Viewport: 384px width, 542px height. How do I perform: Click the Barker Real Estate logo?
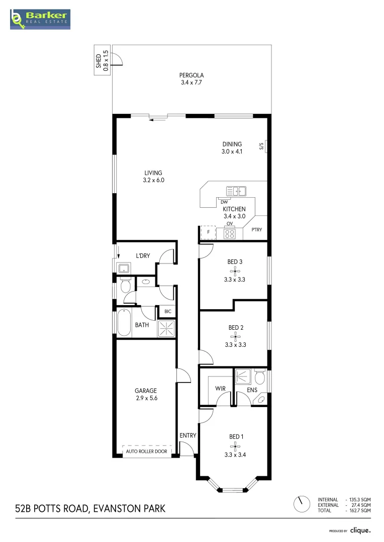coord(40,19)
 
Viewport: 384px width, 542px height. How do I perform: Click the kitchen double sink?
coord(236,191)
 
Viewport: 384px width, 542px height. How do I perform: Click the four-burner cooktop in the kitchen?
coord(230,233)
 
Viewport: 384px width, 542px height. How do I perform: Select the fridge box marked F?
coord(208,233)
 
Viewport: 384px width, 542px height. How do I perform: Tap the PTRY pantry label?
coord(256,230)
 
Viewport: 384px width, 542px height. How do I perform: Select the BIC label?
coord(168,312)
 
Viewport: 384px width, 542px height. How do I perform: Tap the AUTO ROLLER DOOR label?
coord(147,451)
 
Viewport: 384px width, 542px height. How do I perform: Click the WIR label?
coord(220,388)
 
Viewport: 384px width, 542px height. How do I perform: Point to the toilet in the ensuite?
coord(260,376)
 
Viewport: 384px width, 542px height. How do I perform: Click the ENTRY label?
coord(188,436)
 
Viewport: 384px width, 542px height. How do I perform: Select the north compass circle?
coord(302,504)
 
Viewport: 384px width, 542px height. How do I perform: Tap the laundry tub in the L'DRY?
coord(123,268)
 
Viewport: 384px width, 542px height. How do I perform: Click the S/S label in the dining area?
coord(261,147)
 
